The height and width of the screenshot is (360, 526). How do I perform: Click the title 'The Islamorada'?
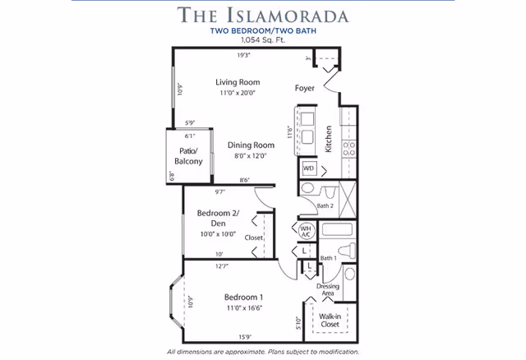(x=263, y=15)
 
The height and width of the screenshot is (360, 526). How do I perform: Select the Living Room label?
(x=238, y=82)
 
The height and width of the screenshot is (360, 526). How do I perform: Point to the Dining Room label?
(x=251, y=145)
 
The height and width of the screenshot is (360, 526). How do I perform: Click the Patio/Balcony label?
(x=190, y=155)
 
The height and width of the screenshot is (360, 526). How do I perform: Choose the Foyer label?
(x=306, y=88)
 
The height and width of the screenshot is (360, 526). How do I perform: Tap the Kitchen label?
(x=327, y=139)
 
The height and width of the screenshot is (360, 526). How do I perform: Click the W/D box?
(x=309, y=168)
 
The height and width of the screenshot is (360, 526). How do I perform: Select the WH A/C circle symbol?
(x=305, y=230)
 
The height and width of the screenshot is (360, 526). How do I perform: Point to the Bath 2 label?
(x=325, y=205)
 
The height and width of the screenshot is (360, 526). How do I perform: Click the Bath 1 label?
(x=328, y=258)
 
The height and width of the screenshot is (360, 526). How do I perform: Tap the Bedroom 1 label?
(x=243, y=297)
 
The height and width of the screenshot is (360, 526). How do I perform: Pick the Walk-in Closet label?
(x=331, y=320)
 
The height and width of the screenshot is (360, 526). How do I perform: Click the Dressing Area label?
(x=328, y=289)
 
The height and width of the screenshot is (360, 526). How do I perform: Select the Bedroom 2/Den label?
(x=218, y=218)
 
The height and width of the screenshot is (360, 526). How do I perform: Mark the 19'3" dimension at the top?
(x=243, y=55)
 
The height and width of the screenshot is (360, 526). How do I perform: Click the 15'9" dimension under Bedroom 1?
(x=243, y=336)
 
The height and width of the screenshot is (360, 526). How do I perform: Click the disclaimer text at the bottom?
(x=263, y=351)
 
